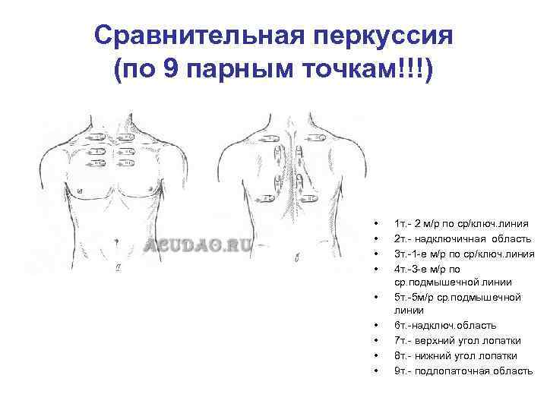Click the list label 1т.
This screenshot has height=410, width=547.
click(402, 225)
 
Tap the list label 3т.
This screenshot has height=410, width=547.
click(402, 254)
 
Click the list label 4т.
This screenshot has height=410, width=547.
click(402, 268)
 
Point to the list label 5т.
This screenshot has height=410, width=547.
click(402, 297)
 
